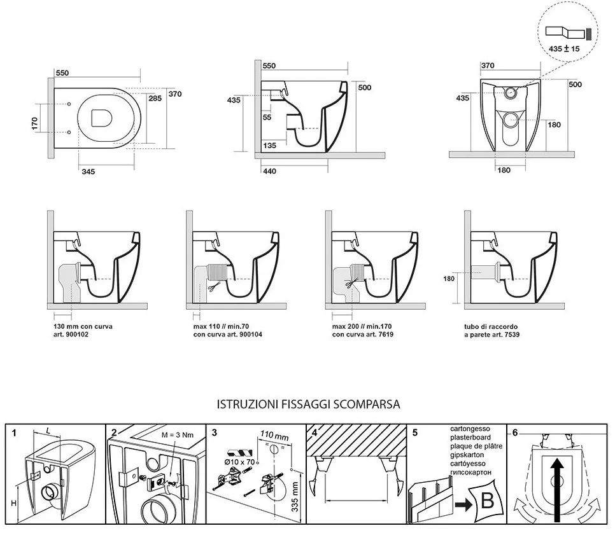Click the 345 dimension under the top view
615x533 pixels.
click(88, 171)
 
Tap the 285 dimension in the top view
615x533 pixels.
click(155, 99)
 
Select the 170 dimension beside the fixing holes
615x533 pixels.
click(34, 123)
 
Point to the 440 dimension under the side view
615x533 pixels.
click(270, 171)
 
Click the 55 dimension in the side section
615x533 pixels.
click(267, 117)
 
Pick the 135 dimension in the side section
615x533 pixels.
click(269, 146)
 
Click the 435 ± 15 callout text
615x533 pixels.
click(564, 49)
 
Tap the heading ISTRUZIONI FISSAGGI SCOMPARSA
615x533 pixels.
click(308, 405)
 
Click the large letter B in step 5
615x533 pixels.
click(488, 500)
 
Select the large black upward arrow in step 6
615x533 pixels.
click(557, 490)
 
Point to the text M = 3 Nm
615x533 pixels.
click(177, 435)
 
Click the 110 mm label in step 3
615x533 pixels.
click(274, 436)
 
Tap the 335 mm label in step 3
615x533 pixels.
click(295, 497)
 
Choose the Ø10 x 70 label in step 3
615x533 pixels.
click(239, 462)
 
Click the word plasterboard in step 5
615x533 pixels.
click(470, 438)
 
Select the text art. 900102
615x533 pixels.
click(71, 335)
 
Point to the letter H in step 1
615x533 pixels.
click(14, 503)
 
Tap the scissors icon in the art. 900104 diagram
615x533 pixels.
click(212, 288)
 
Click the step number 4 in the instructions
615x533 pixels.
click(315, 433)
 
